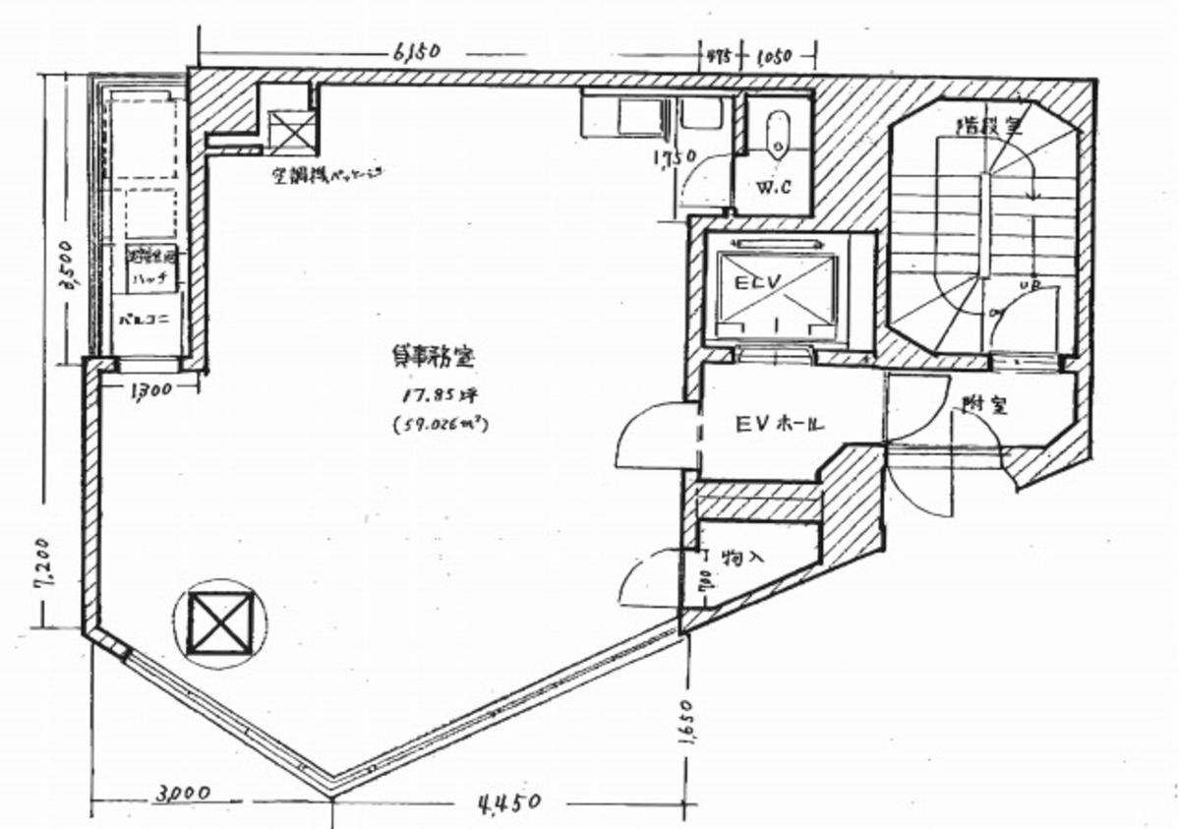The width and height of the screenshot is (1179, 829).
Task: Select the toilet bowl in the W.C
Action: click(777, 133)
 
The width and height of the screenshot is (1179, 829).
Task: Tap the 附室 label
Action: click(985, 404)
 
